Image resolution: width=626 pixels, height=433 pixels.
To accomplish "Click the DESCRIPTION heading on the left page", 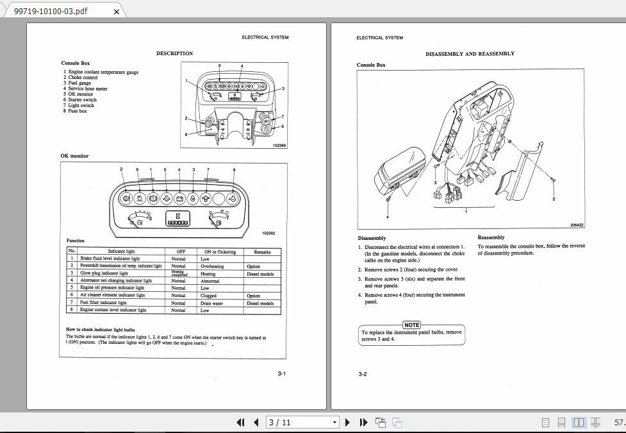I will [x=174, y=53].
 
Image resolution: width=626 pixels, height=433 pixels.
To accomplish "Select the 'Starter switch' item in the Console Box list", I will [x=82, y=100].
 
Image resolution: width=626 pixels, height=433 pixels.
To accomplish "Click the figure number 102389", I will [x=279, y=146].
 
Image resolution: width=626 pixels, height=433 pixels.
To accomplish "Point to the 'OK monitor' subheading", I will [x=75, y=156].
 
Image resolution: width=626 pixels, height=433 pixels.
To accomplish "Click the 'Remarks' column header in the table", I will [x=262, y=251].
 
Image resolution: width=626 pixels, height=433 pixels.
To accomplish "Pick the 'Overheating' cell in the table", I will [x=212, y=266].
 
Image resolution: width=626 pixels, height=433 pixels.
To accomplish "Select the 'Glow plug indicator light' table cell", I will [x=104, y=273].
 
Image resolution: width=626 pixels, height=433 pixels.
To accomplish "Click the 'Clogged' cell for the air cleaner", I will [x=209, y=296].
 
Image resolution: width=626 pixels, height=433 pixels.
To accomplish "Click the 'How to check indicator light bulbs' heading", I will [x=101, y=330].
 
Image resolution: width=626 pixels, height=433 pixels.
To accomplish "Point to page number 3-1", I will [x=281, y=374].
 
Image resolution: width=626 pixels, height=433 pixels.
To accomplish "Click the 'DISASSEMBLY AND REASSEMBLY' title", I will [x=470, y=54].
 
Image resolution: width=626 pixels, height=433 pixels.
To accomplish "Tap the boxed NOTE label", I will [x=411, y=325].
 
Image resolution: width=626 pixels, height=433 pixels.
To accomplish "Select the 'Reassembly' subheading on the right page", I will [x=491, y=237].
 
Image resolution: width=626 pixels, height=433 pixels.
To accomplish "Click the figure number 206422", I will [x=577, y=225].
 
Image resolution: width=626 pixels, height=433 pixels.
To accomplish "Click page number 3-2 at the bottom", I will [x=362, y=374].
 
